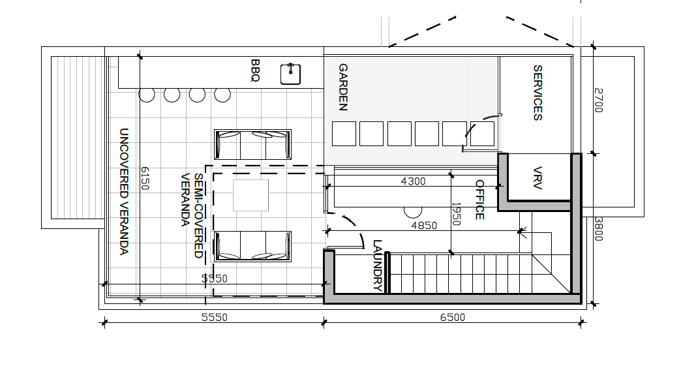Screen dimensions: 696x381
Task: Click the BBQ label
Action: (255, 70)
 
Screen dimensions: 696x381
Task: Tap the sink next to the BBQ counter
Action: (291, 74)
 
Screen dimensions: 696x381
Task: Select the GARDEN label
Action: (342, 87)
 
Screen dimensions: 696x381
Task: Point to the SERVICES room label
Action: (537, 93)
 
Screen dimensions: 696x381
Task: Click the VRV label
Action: (537, 178)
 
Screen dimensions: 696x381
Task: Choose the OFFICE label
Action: (479, 200)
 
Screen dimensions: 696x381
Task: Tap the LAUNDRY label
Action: (377, 265)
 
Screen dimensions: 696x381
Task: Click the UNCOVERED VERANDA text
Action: (124, 192)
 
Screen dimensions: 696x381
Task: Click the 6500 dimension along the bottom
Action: (452, 317)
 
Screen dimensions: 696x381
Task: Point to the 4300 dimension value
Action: (413, 181)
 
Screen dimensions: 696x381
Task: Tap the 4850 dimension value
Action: (424, 226)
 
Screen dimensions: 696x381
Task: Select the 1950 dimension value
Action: (456, 214)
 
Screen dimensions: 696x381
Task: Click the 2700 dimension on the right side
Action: (598, 100)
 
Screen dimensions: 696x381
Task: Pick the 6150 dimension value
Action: (145, 178)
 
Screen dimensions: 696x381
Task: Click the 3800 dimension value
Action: (598, 229)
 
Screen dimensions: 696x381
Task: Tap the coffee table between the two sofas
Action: (250, 195)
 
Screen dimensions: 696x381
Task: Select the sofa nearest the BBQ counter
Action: (252, 144)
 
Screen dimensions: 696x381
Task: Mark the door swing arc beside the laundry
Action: (356, 227)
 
